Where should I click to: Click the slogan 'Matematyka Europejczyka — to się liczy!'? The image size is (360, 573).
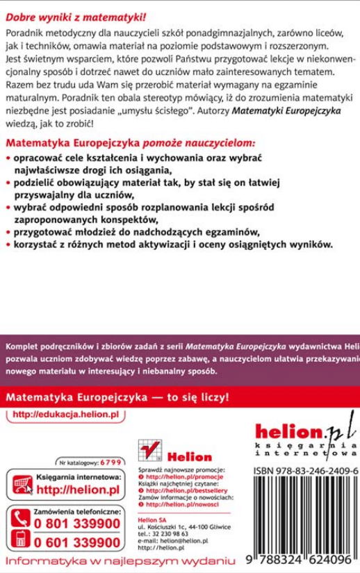pyautogui.click(x=117, y=400)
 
